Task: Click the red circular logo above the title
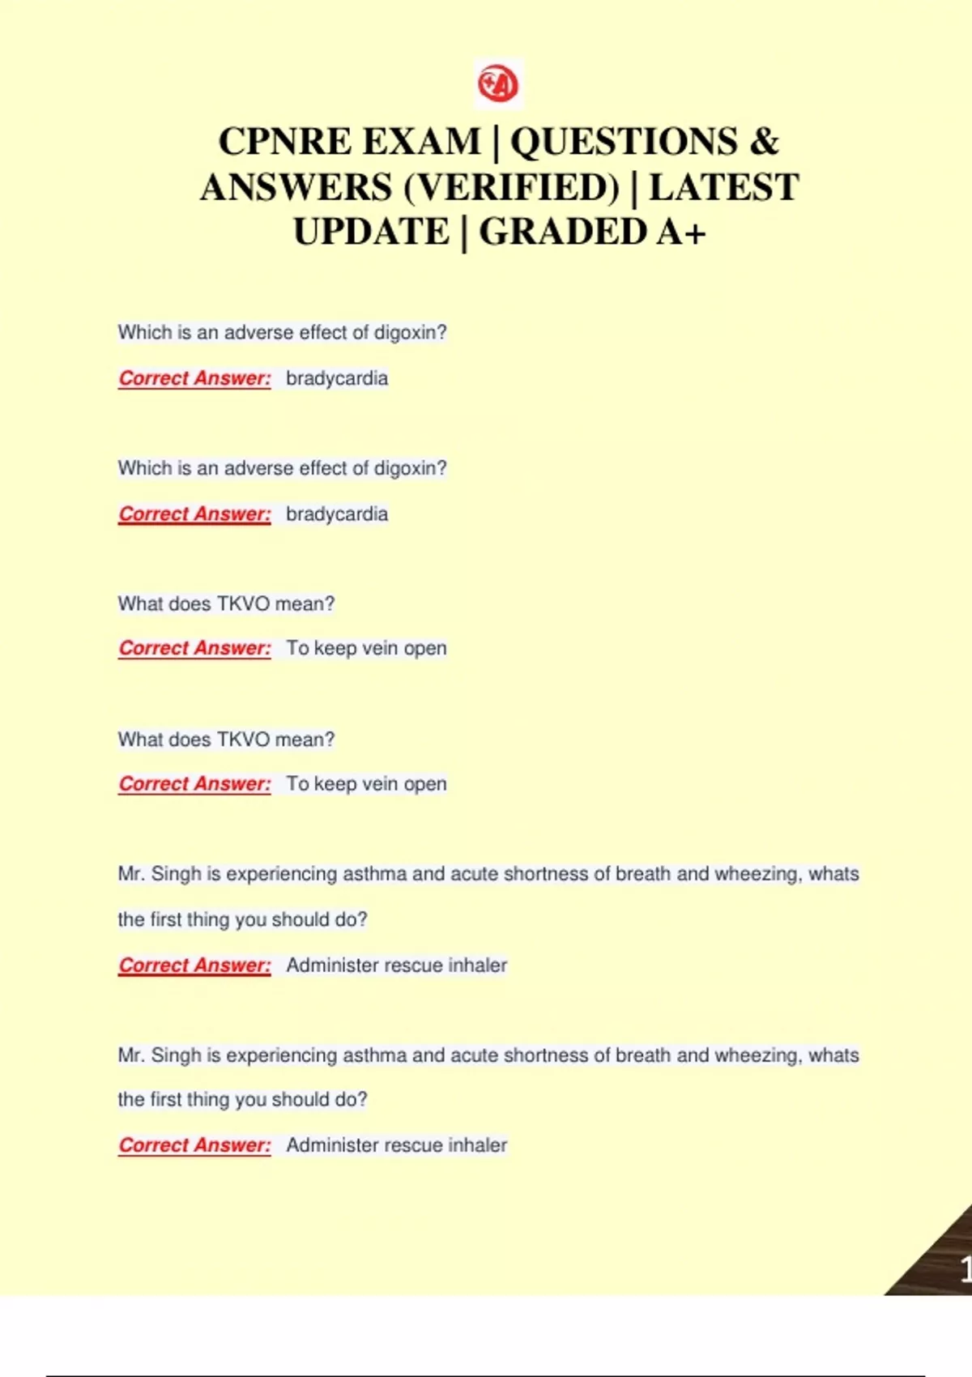[498, 83]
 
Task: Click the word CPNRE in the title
[281, 143]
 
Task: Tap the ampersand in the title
[763, 143]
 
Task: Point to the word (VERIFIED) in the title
[511, 188]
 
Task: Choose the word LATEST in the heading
[723, 188]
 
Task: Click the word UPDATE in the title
[371, 233]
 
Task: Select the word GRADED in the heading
[563, 233]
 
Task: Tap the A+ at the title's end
[681, 233]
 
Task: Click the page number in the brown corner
[965, 1268]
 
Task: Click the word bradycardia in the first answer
[337, 378]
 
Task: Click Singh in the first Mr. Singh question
[176, 874]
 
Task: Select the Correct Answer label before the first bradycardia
[194, 378]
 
